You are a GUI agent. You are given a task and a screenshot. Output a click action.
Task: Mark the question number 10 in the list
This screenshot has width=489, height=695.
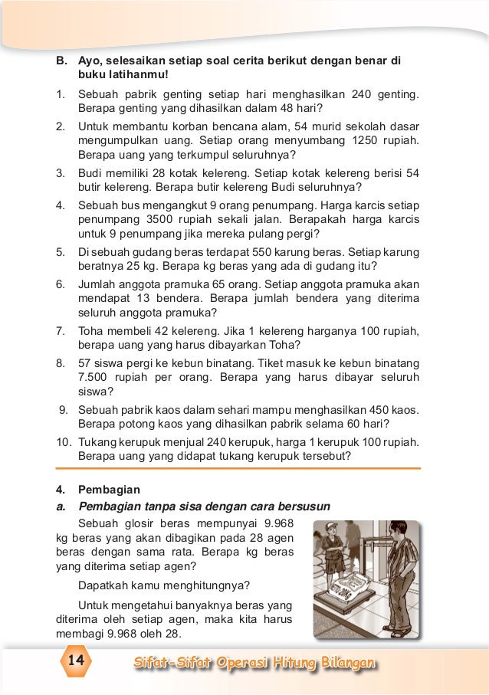pos(63,442)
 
